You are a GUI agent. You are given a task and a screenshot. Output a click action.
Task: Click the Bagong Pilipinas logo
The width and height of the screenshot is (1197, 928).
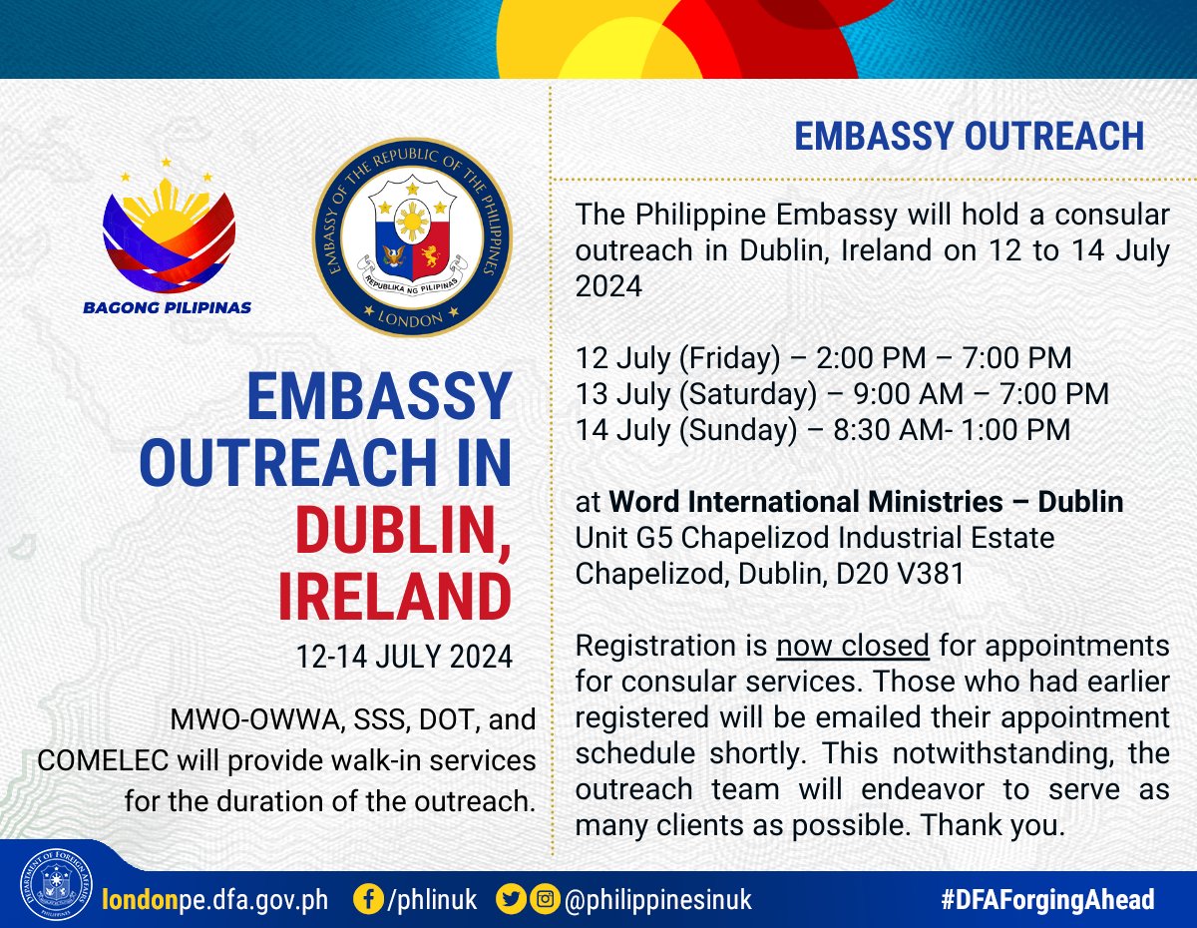(170, 239)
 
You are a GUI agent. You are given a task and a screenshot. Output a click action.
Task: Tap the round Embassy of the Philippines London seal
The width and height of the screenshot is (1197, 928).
(412, 236)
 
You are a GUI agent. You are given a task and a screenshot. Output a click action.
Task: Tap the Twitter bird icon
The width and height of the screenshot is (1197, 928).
(511, 900)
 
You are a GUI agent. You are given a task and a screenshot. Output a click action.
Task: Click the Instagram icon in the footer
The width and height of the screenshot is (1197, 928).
(544, 900)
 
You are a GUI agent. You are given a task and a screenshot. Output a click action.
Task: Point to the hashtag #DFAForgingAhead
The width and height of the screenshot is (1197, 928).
(1047, 900)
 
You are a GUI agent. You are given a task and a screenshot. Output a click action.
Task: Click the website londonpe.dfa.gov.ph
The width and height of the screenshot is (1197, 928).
(215, 900)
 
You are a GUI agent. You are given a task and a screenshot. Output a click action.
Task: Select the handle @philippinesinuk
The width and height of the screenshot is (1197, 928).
(658, 900)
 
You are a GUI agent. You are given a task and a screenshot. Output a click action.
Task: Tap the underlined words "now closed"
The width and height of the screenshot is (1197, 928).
(853, 646)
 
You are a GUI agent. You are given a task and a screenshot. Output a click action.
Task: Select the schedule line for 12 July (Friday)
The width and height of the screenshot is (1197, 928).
(823, 357)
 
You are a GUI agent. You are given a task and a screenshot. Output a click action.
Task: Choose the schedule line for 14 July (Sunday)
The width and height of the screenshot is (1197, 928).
(823, 429)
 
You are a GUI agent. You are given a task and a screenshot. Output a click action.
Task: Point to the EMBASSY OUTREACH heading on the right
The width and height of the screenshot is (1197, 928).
(969, 137)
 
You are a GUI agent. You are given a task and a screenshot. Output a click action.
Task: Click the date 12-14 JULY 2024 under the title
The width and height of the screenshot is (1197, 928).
(404, 658)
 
